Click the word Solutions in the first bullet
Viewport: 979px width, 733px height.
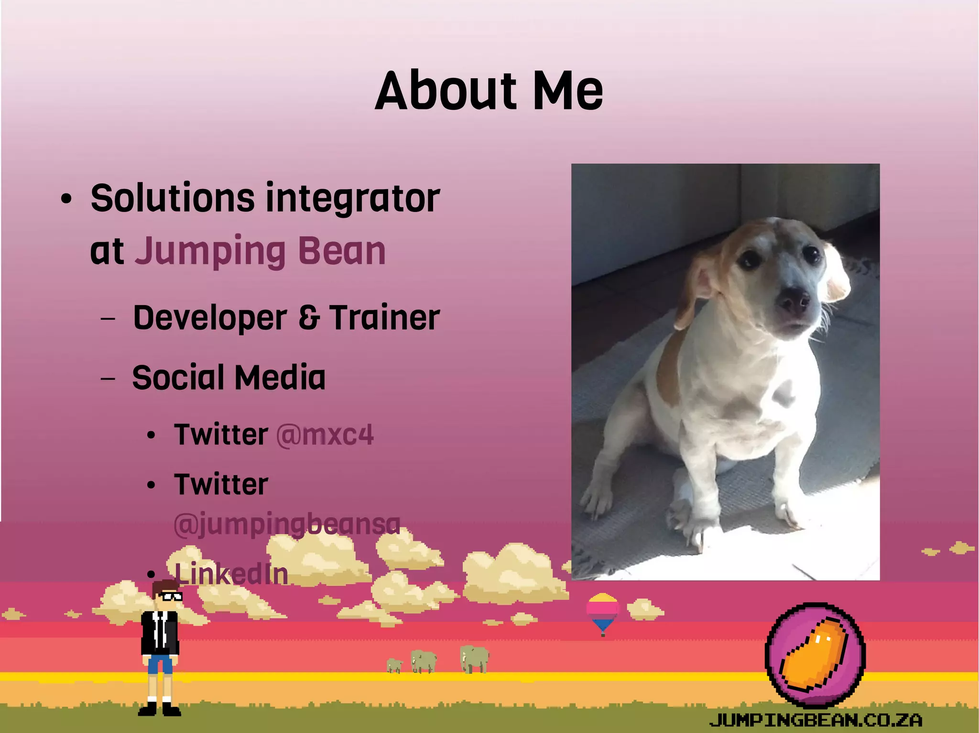[x=172, y=198]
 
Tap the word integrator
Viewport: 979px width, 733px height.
[x=352, y=198]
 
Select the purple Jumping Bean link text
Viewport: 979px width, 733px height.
[x=260, y=252]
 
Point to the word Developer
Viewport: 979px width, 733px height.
[x=210, y=318]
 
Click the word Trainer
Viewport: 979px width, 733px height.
[x=384, y=318]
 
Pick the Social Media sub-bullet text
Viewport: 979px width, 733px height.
[x=228, y=378]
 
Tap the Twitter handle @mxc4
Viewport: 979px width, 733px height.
[x=325, y=435]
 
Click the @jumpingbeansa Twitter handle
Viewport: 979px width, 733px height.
[x=287, y=524]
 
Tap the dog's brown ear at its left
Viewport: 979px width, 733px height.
[x=698, y=291]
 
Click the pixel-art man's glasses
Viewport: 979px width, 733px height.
[x=170, y=596]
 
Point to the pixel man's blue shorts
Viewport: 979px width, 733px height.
[x=160, y=664]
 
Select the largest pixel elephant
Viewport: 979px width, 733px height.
[x=474, y=659]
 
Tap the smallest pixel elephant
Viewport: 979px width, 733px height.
[x=394, y=665]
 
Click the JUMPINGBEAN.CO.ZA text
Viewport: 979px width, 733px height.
[x=816, y=720]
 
